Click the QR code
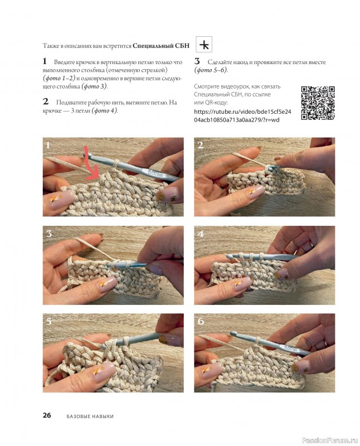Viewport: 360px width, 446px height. [318, 103]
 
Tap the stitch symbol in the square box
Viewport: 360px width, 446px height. [204, 45]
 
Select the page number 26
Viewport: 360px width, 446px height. [47, 415]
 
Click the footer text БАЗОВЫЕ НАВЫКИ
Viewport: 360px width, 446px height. [90, 416]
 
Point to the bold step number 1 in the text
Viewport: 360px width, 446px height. [45, 61]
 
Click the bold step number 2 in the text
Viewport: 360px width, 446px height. [46, 101]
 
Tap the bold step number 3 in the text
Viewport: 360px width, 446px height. [197, 61]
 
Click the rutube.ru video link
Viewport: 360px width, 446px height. [242, 115]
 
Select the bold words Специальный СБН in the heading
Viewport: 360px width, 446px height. [161, 46]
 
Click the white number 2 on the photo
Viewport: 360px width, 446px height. [200, 146]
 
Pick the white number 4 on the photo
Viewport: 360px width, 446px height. [201, 234]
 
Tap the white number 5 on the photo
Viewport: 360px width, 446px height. [49, 322]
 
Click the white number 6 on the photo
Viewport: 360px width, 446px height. [201, 322]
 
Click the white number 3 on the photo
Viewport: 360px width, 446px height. [49, 234]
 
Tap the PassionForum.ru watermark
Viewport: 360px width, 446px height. [329, 440]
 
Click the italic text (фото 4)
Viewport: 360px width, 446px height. [105, 110]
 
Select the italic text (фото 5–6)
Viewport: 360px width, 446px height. [211, 70]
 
